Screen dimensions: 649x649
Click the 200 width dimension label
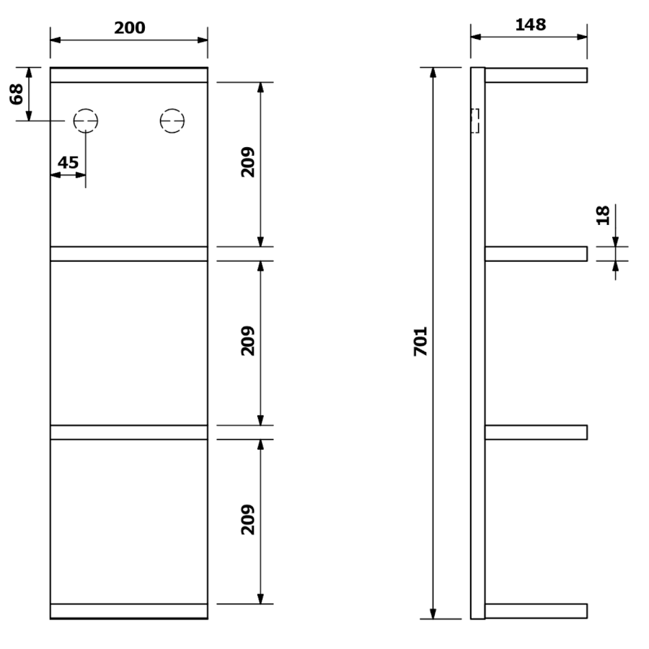tap(130, 27)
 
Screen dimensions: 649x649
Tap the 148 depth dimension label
tap(531, 25)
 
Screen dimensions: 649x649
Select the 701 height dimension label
tap(420, 342)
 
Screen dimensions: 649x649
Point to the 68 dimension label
tap(16, 94)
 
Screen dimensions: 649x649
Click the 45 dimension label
tap(68, 163)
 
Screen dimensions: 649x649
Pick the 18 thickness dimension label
tap(603, 215)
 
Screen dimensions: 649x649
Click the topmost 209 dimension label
tap(248, 162)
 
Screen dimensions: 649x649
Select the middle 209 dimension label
tap(248, 341)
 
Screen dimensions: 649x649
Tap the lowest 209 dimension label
tap(248, 519)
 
